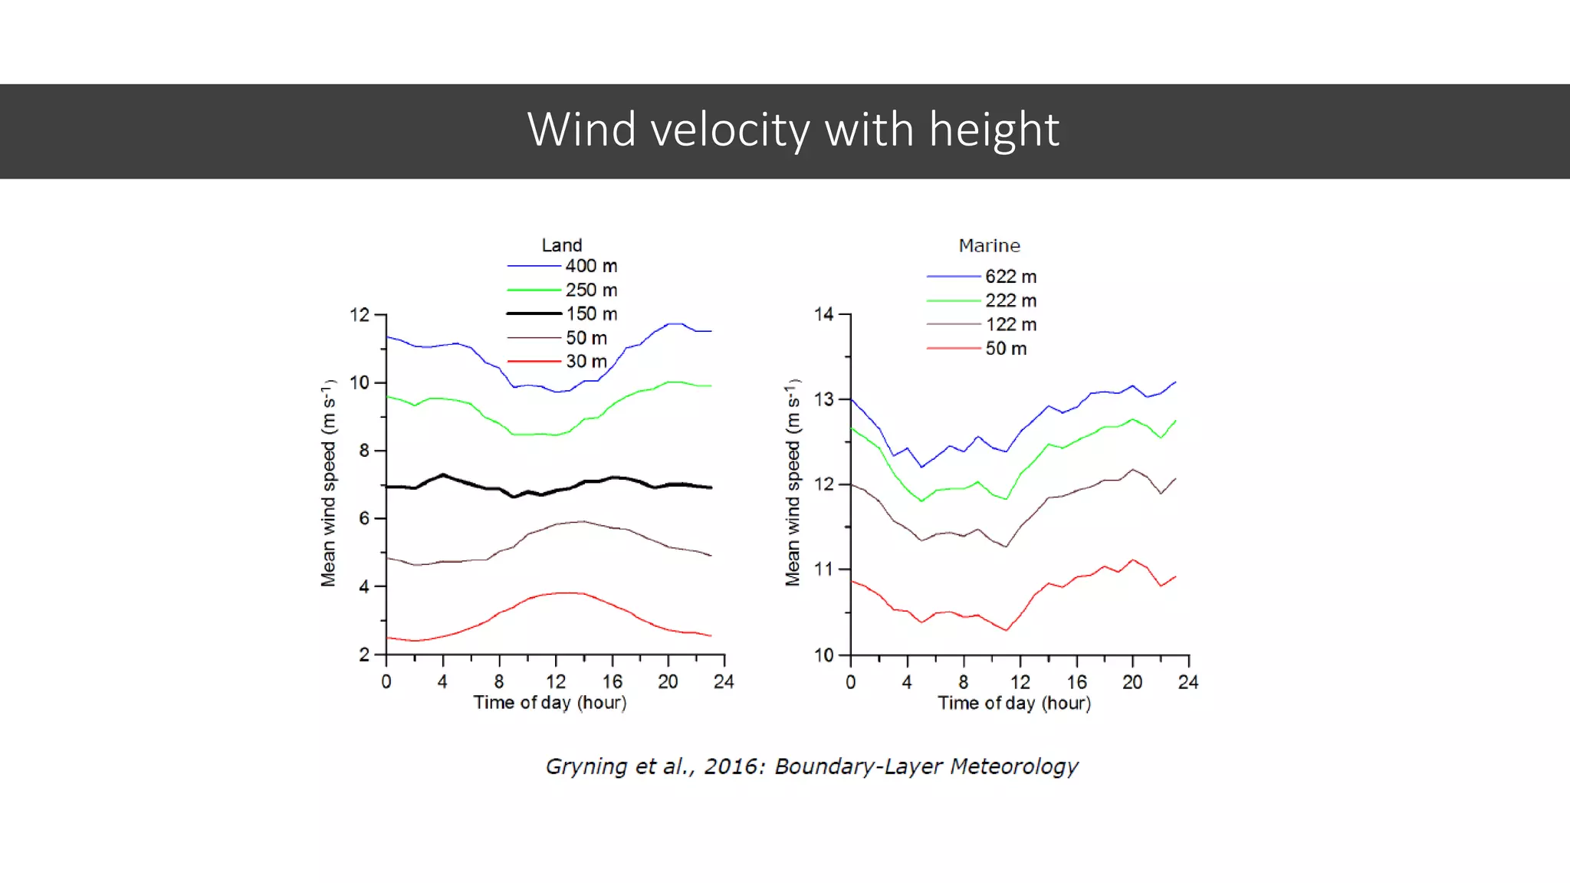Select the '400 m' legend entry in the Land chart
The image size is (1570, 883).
(591, 266)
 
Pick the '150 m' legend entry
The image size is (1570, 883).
(591, 313)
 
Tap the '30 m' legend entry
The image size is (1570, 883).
(586, 361)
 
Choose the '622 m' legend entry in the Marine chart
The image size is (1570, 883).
(1010, 276)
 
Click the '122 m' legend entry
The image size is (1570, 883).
(1010, 324)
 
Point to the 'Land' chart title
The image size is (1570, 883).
(562, 245)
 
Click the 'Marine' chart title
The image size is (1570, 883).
(989, 245)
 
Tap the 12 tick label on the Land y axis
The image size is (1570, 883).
(360, 315)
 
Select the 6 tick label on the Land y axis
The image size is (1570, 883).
(364, 519)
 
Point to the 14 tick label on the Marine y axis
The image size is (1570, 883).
(823, 314)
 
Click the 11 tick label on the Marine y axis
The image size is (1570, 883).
(823, 570)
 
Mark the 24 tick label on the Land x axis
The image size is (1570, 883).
(724, 682)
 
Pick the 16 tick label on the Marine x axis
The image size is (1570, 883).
(1076, 682)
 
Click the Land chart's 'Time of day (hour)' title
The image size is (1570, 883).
(550, 703)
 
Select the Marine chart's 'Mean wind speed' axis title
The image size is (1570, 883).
(793, 483)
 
